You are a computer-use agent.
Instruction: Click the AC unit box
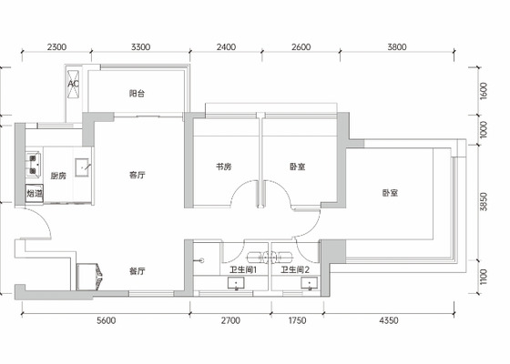(x=73, y=84)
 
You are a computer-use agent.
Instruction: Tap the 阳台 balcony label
(x=137, y=94)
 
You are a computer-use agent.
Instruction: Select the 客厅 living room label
(x=137, y=175)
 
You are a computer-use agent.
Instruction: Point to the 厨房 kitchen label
(x=58, y=176)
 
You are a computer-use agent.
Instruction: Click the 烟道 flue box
(x=35, y=194)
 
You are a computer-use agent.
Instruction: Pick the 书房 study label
(x=224, y=167)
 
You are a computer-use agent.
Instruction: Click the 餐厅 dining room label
(x=137, y=271)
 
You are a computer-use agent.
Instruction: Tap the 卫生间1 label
(x=243, y=269)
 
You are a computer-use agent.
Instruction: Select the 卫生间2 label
(x=295, y=269)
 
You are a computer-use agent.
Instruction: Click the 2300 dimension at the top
(x=56, y=47)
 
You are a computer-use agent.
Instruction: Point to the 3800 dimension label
(x=397, y=47)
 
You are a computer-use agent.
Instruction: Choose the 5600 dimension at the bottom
(x=107, y=320)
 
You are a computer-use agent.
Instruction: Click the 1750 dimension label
(x=297, y=320)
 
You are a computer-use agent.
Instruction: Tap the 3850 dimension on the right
(x=484, y=202)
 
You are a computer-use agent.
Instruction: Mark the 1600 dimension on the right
(x=484, y=91)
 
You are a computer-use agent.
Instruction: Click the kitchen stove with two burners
(x=34, y=165)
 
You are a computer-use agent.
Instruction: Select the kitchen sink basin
(x=82, y=167)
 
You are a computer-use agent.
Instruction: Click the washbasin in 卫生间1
(x=236, y=283)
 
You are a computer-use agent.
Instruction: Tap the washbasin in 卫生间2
(x=309, y=283)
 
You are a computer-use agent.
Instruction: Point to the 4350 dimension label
(x=389, y=320)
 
